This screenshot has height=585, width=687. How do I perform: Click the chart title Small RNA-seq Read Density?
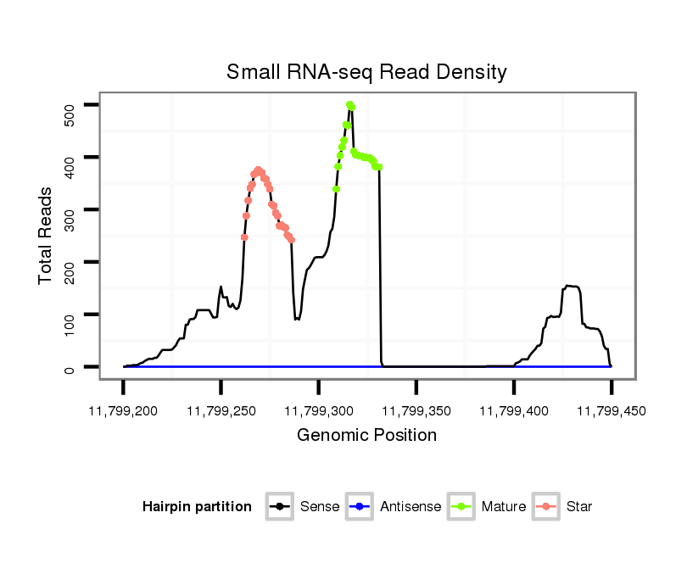pyautogui.click(x=366, y=72)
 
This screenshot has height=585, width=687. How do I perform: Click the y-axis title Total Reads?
pyautogui.click(x=46, y=236)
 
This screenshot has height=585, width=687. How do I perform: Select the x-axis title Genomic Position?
pyautogui.click(x=366, y=436)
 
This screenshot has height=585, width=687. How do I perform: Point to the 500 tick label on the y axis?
pyautogui.click(x=71, y=114)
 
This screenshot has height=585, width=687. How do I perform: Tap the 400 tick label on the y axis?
pyautogui.click(x=71, y=167)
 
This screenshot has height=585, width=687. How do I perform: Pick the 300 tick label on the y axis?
pyautogui.click(x=71, y=220)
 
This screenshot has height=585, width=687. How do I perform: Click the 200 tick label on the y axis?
pyautogui.click(x=71, y=272)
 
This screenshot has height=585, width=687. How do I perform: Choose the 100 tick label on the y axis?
pyautogui.click(x=71, y=325)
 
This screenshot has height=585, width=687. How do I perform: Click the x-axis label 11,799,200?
pyautogui.click(x=123, y=411)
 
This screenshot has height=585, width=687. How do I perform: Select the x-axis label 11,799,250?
pyautogui.click(x=221, y=411)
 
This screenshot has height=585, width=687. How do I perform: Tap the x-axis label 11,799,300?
pyautogui.click(x=318, y=411)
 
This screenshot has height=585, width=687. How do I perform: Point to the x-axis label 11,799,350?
pyautogui.click(x=416, y=411)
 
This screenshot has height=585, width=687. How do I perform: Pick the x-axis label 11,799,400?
pyautogui.click(x=513, y=411)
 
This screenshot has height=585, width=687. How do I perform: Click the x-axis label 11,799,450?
pyautogui.click(x=611, y=411)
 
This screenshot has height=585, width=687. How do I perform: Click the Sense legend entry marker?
pyautogui.click(x=279, y=507)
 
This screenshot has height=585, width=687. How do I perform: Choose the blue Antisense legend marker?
pyautogui.click(x=360, y=507)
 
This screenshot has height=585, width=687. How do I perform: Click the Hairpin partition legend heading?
pyautogui.click(x=197, y=507)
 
